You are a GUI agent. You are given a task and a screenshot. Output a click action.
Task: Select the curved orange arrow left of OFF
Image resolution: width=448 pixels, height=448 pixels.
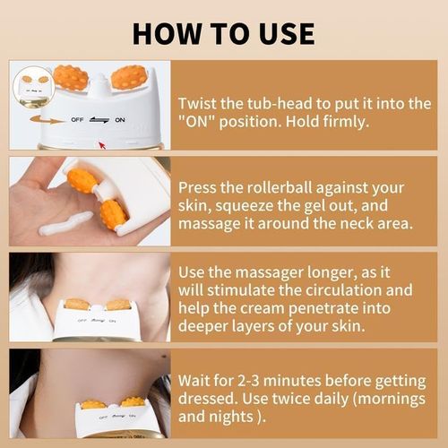click(x=45, y=116)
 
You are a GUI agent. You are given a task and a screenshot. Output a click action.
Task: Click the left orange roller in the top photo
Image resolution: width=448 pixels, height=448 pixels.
click(x=71, y=77)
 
